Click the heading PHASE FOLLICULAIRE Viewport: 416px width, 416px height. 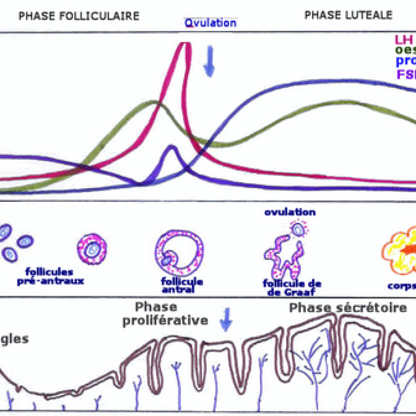pyautogui.click(x=79, y=16)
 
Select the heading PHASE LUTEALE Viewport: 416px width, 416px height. pyautogui.click(x=348, y=15)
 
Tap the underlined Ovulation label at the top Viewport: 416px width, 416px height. pyautogui.click(x=210, y=23)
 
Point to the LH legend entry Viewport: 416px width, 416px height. pyautogui.click(x=404, y=40)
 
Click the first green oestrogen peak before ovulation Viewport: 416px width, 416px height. pyautogui.click(x=153, y=103)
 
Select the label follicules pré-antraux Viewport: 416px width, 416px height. pyautogui.click(x=50, y=276)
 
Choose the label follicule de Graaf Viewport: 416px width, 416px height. pyautogui.click(x=292, y=288)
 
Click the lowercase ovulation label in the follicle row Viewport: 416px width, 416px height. pyautogui.click(x=290, y=212)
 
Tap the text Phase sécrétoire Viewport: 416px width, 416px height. pyautogui.click(x=348, y=308)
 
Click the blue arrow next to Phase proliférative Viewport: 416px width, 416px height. pyautogui.click(x=226, y=320)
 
